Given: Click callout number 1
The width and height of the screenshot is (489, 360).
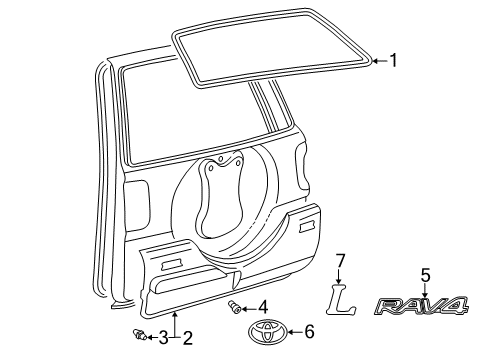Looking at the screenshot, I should pyautogui.click(x=393, y=60).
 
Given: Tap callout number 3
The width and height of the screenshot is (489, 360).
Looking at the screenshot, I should pyautogui.click(x=163, y=338).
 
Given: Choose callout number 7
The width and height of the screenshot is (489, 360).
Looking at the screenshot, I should pyautogui.click(x=340, y=261).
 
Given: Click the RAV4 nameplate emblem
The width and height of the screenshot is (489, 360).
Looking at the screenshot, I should pyautogui.click(x=421, y=306).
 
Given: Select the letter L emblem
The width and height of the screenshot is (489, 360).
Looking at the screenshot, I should pyautogui.click(x=342, y=299).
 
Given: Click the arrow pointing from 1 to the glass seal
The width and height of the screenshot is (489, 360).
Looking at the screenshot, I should pyautogui.click(x=379, y=60).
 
